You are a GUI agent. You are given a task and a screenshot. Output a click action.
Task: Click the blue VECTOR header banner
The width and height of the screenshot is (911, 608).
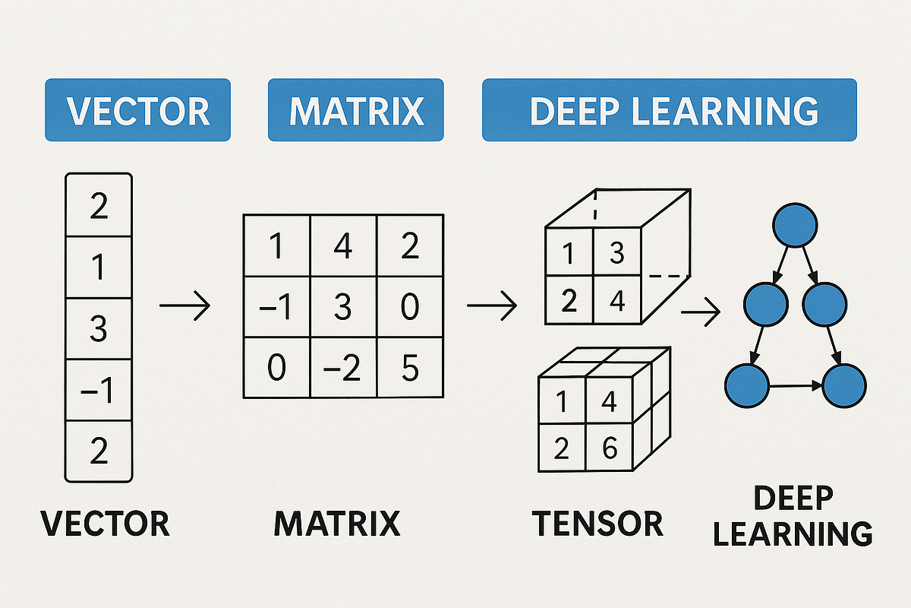[137, 110]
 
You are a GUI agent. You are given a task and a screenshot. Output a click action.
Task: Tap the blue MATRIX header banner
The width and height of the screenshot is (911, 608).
[356, 110]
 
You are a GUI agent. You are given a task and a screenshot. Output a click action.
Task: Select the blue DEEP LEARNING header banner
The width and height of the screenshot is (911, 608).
[669, 110]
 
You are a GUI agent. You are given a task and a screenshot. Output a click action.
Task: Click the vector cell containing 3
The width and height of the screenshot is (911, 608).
[99, 329]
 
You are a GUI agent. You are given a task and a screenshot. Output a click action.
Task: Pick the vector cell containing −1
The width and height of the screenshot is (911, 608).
[99, 391]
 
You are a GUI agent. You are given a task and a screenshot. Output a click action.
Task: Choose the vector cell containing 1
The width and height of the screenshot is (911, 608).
[99, 268]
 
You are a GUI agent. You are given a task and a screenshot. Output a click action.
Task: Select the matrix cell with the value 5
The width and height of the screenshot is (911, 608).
[410, 368]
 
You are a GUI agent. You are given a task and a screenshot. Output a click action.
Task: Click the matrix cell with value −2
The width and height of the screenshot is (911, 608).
[343, 368]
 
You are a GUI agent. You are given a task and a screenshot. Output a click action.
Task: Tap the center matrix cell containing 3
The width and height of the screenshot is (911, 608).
[343, 307]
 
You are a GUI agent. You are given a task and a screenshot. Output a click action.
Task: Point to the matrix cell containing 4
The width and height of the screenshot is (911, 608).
[343, 248]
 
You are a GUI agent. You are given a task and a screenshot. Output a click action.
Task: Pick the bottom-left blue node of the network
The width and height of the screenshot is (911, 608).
[748, 386]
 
